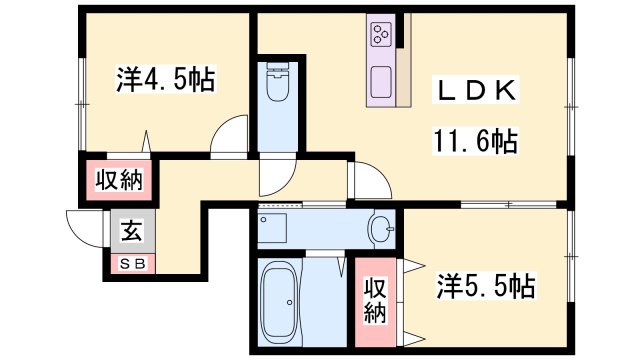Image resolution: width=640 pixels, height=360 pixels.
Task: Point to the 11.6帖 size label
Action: point(474,141)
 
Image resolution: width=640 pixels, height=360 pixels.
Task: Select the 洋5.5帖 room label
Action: point(486,288)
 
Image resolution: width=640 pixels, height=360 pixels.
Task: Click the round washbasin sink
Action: point(381,229)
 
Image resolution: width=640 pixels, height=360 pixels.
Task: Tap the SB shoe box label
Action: point(132,265)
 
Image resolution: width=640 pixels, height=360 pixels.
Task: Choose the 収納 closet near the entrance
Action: point(119,181)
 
